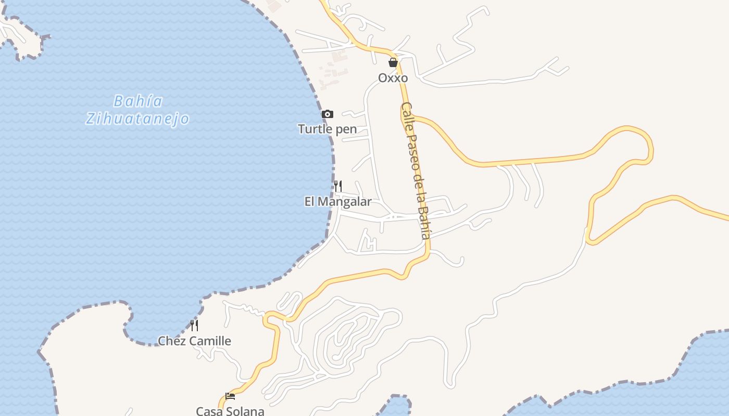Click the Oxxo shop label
(393, 78)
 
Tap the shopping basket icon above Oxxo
(393, 63)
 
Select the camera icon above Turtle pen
(327, 114)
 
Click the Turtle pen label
(327, 129)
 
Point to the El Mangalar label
(338, 202)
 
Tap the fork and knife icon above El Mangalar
(338, 186)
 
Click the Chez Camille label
(194, 341)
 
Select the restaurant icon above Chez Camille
(194, 326)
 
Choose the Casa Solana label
(230, 411)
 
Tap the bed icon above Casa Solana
(230, 396)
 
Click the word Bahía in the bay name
(138, 101)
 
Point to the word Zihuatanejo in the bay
(137, 119)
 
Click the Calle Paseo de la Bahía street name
(416, 171)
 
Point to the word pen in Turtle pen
(346, 129)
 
